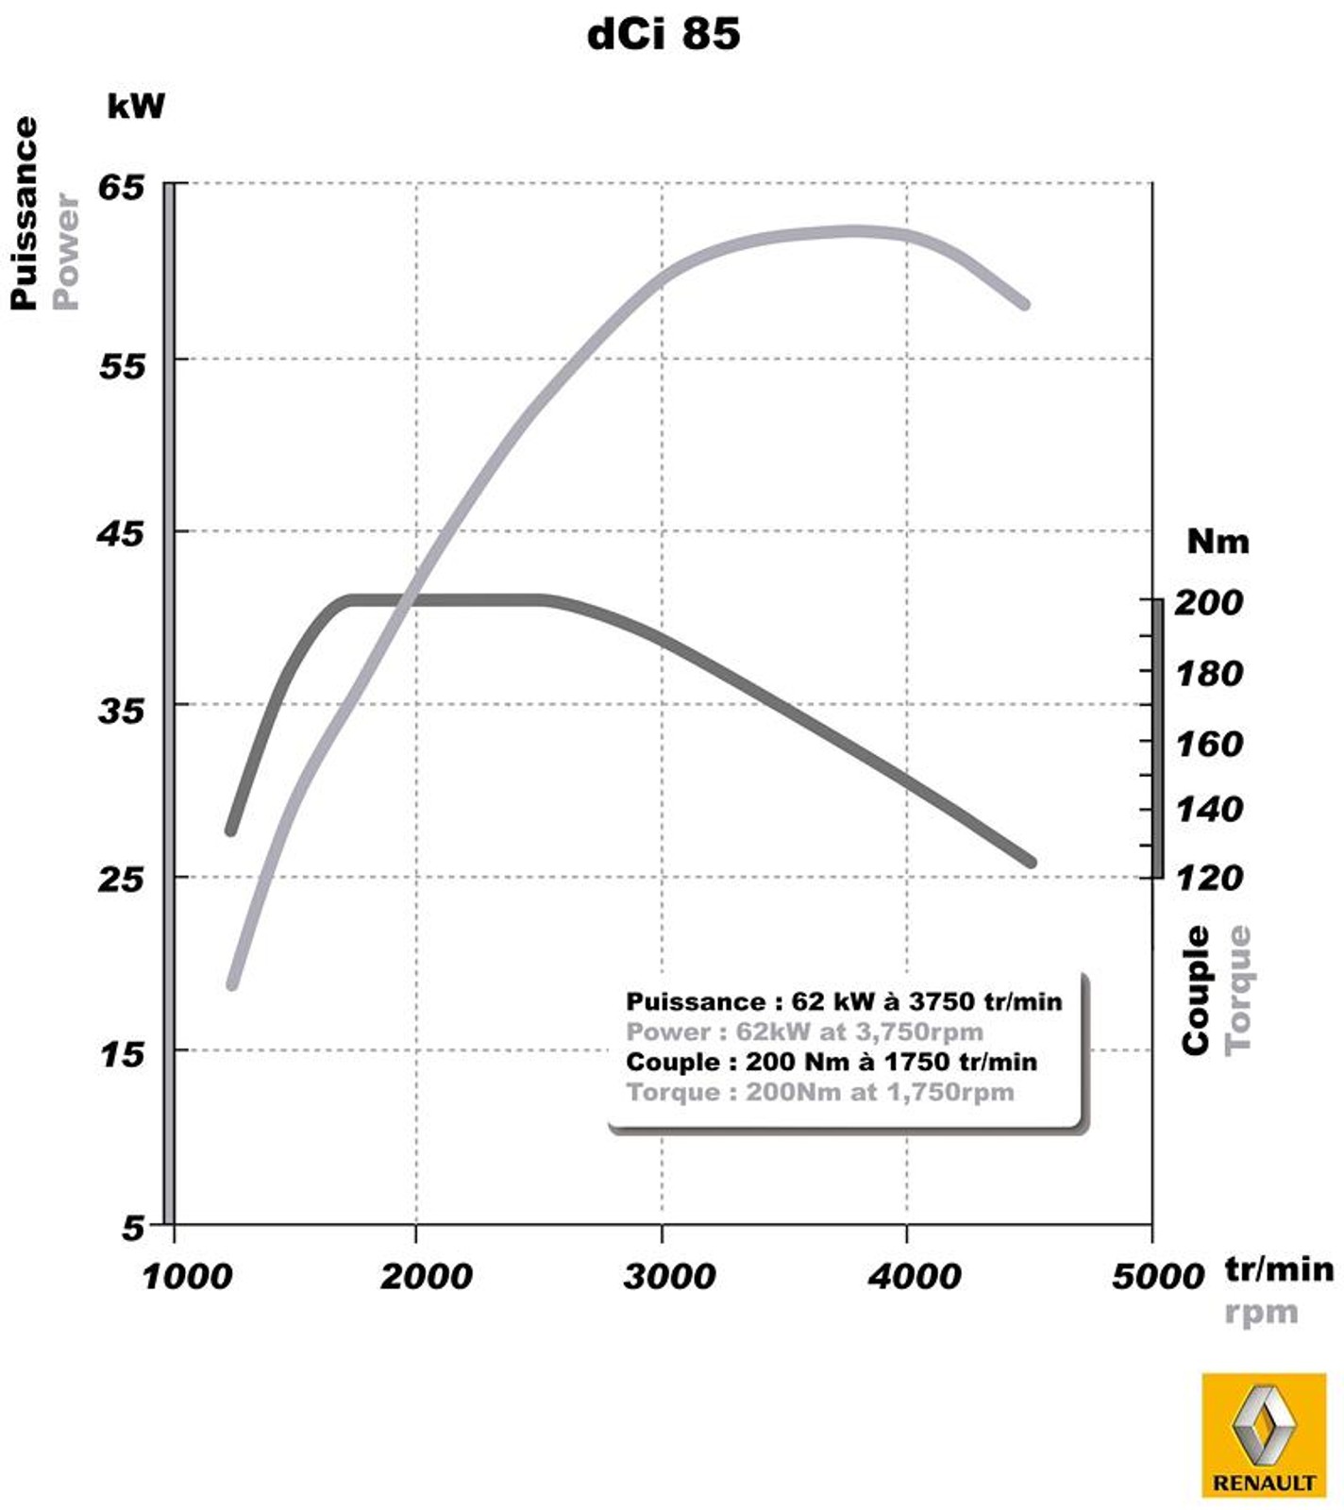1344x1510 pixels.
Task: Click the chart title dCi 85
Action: coord(664,35)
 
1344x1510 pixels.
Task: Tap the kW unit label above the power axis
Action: coord(136,106)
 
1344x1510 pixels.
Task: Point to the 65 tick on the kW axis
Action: coord(123,187)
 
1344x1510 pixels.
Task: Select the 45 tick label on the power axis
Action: coord(121,534)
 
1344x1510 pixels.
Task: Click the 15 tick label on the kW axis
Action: coord(121,1054)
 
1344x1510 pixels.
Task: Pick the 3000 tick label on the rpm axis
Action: coord(669,1277)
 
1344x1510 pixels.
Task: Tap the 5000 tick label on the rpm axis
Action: coord(1158,1277)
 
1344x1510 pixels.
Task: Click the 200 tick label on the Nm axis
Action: coord(1208,602)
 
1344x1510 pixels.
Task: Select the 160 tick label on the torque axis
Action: coord(1208,745)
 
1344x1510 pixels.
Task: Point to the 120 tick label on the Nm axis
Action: coord(1208,879)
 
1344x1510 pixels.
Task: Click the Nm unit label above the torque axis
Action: coord(1218,542)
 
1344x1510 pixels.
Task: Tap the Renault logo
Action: coord(1264,1434)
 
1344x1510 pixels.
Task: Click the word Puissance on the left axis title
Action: coord(25,213)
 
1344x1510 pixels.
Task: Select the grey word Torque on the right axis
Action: coord(1238,990)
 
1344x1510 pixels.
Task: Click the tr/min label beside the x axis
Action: coord(1279,1269)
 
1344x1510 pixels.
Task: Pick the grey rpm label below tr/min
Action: coord(1261,1313)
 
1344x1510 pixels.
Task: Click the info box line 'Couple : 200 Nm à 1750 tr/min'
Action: coord(832,1062)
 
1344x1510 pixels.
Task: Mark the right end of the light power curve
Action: coord(1025,304)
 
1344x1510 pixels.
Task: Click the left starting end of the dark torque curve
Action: coord(230,830)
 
